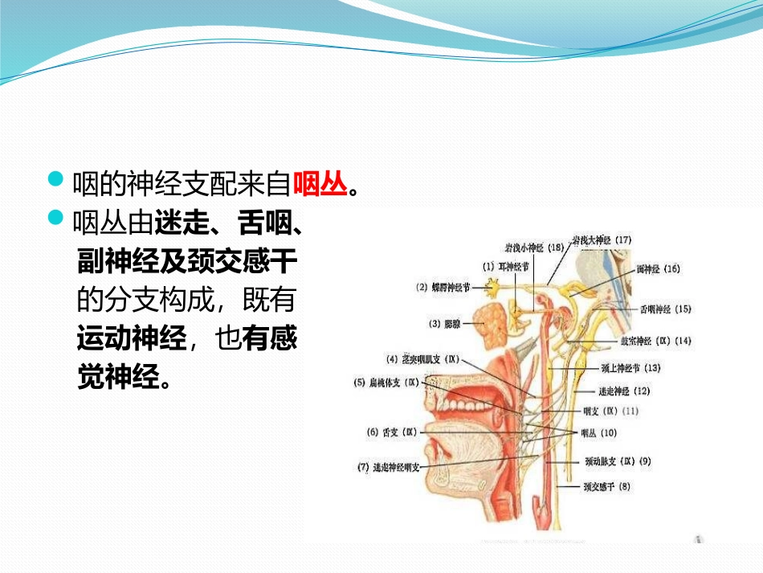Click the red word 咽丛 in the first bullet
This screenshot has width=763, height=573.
point(320,185)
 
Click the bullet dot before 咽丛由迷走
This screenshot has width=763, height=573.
point(55,219)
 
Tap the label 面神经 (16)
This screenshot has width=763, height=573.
point(657,269)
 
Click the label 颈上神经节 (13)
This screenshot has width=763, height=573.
point(630,368)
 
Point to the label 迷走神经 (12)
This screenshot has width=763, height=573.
point(624,391)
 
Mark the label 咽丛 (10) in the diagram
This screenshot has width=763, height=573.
point(598,433)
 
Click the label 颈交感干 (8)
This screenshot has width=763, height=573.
point(607,486)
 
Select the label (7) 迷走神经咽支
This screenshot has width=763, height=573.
point(390,467)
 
